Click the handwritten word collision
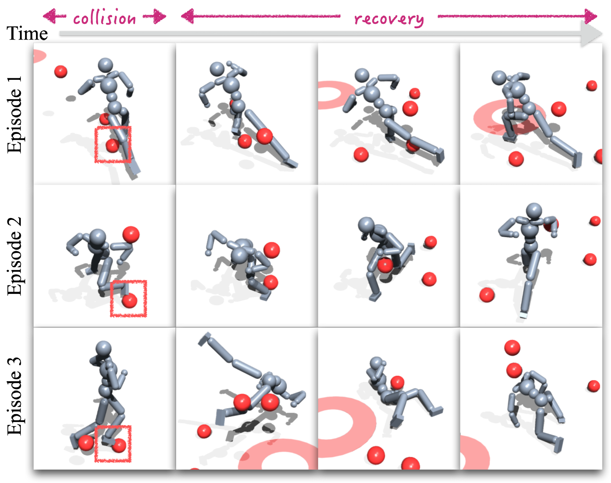(104, 18)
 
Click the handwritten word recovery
(389, 19)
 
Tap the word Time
(27, 33)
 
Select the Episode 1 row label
(14, 114)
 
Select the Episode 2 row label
(14, 256)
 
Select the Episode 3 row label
(14, 396)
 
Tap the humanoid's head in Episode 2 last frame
(534, 211)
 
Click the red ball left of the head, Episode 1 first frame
(61, 72)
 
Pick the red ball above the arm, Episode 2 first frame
(131, 235)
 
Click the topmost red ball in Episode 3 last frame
(512, 348)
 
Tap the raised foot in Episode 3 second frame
(205, 339)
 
